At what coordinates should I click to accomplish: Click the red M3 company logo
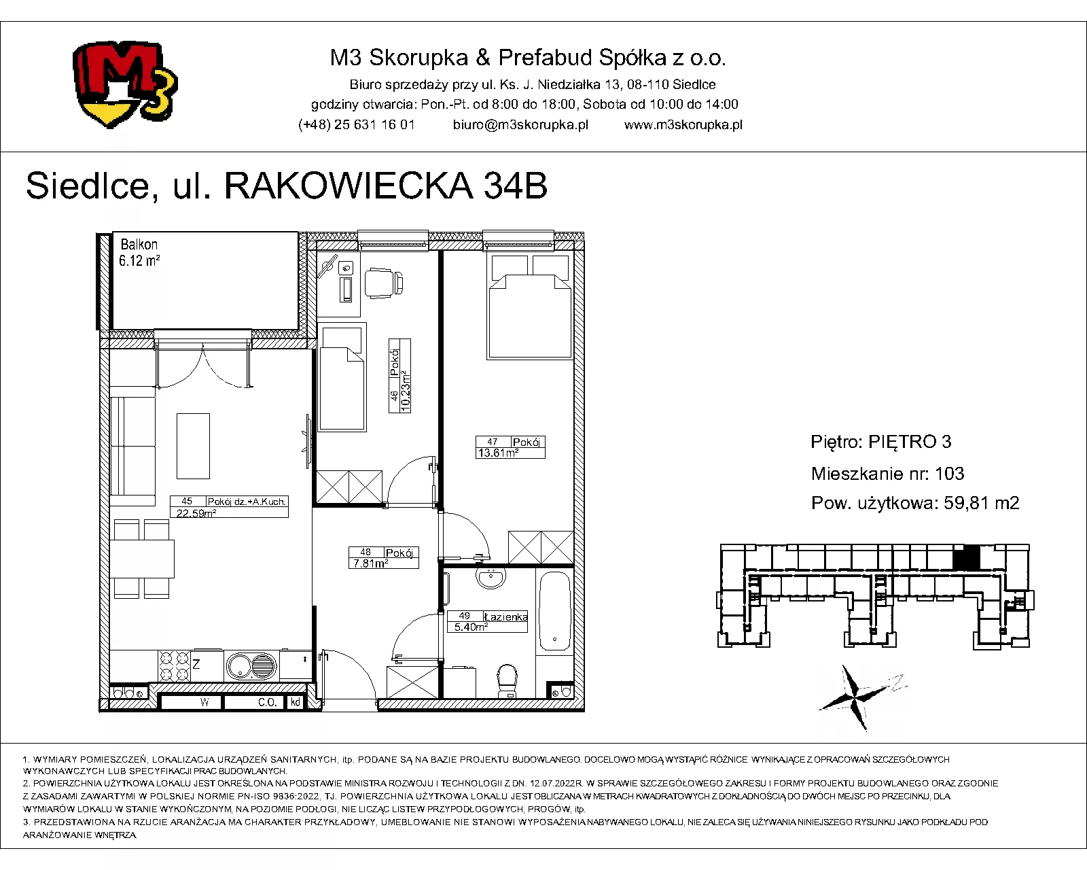125,84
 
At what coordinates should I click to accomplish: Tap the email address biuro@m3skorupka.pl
520,125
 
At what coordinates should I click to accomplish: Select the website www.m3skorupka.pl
683,125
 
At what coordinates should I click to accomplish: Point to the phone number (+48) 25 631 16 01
357,125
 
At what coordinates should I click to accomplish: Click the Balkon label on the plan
139,245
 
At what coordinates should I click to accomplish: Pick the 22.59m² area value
196,513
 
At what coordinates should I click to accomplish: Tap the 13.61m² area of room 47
498,453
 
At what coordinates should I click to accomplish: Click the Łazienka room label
505,616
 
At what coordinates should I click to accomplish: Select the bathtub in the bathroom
554,610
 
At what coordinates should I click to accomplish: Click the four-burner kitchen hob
174,666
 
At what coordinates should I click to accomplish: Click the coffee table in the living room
193,446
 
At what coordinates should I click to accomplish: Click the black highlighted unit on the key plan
966,557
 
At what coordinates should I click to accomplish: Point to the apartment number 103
950,474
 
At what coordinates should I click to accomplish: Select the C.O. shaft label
267,702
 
